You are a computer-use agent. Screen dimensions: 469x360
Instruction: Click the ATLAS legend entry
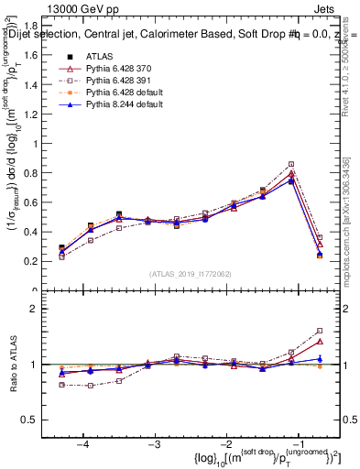pos(99,57)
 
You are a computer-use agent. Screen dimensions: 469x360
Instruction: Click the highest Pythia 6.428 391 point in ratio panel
pos(320,331)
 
